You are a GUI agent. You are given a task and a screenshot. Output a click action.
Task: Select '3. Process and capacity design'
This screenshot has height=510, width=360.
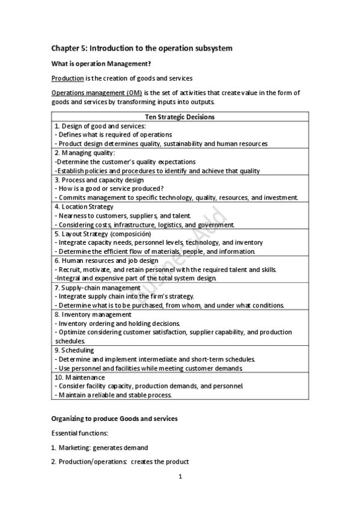(x=99, y=180)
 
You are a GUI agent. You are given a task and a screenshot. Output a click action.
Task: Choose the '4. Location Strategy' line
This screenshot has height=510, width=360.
(x=84, y=206)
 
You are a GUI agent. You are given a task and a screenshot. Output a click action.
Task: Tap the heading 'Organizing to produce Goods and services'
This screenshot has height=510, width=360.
(x=114, y=419)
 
